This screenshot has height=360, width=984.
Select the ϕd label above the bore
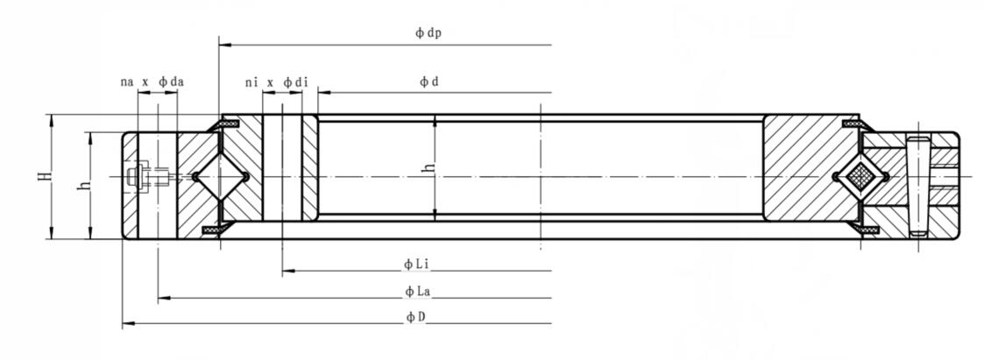click(x=428, y=81)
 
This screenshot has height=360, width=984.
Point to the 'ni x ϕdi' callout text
click(x=276, y=81)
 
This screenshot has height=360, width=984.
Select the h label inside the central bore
click(x=428, y=166)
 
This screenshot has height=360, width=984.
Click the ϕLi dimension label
click(x=414, y=263)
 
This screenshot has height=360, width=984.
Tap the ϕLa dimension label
click(x=415, y=291)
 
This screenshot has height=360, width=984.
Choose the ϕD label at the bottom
click(x=415, y=317)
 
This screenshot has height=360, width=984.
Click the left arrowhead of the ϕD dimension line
click(x=126, y=325)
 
